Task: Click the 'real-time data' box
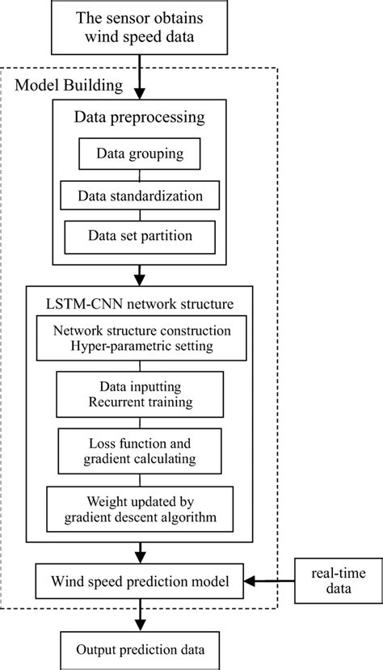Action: click(330, 579)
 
